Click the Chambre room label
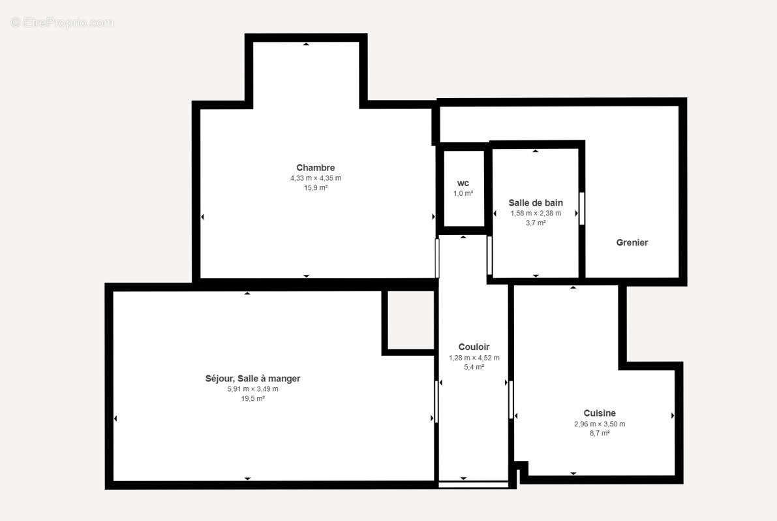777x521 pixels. tap(315, 168)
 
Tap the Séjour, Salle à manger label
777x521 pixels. tap(252, 379)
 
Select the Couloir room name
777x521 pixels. tap(474, 347)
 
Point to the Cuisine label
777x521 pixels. tap(599, 413)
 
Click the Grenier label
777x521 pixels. tap(632, 243)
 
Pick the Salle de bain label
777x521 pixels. tap(536, 203)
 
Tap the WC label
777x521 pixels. tap(463, 183)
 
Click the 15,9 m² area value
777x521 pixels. tap(315, 188)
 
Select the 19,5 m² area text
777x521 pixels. tap(252, 399)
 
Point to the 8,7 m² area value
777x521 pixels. tap(599, 434)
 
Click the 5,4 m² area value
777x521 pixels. tap(474, 368)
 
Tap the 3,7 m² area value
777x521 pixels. tap(536, 223)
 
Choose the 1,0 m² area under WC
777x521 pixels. tap(463, 194)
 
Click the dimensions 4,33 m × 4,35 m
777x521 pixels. tap(315, 178)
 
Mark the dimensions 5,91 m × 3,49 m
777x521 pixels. tap(252, 389)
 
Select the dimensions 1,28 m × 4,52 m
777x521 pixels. tap(474, 358)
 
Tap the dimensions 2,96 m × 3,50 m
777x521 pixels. tap(599, 424)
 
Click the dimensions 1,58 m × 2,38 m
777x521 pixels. tap(536, 213)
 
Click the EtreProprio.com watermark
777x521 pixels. tap(62, 23)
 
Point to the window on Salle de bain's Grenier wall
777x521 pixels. tap(581, 208)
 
